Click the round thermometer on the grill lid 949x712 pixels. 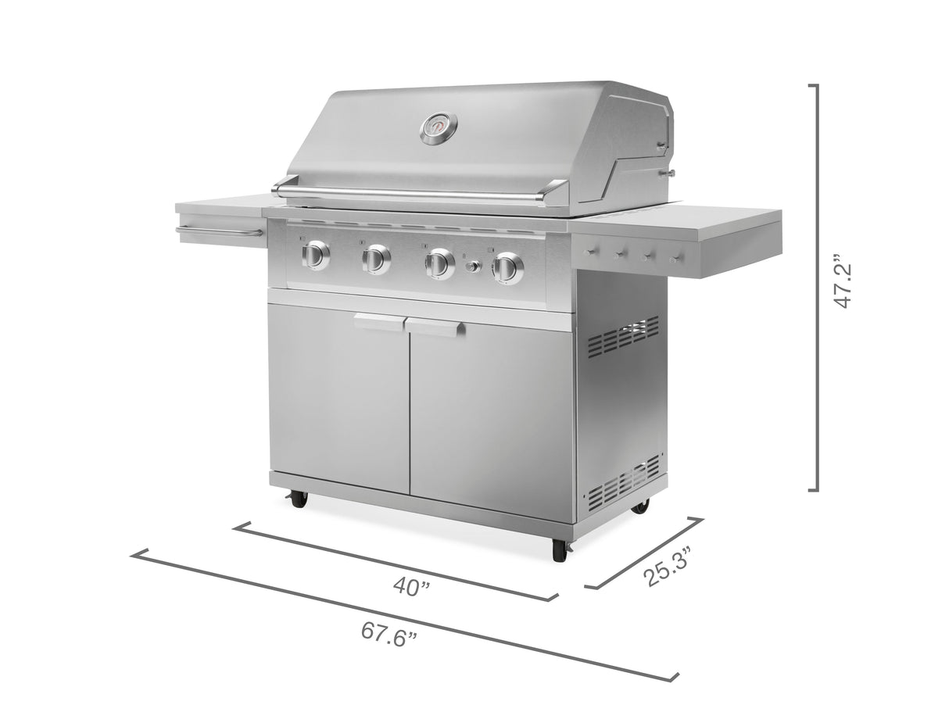tap(439, 129)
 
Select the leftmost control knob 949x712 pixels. tap(317, 255)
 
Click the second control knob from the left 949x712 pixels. tap(377, 259)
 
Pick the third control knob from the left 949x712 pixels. tap(439, 263)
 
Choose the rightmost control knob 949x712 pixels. tap(508, 269)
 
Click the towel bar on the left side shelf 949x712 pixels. tap(219, 232)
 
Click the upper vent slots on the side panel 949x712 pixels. tap(622, 338)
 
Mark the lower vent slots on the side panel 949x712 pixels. tap(623, 481)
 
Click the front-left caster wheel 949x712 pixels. tap(299, 499)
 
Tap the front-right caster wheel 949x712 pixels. tap(560, 550)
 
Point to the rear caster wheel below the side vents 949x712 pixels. tap(640, 506)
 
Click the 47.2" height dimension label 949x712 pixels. tap(843, 281)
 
